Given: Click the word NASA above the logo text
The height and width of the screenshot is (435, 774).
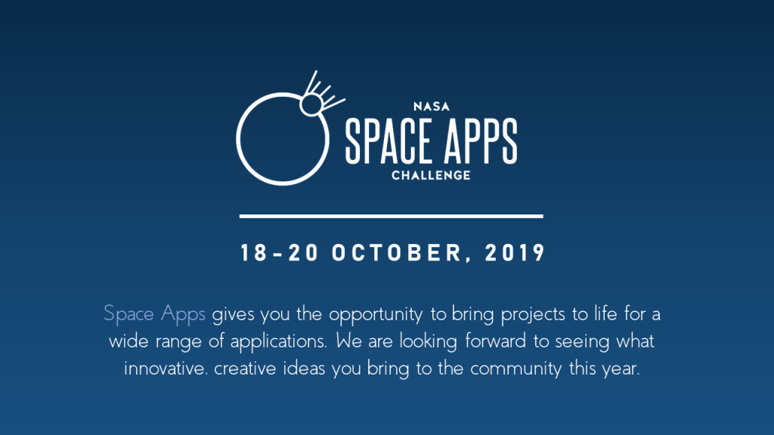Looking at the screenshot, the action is click(x=432, y=106).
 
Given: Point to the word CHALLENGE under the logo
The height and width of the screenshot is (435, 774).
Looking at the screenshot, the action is click(x=431, y=175).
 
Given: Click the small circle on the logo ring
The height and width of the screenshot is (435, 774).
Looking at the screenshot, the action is click(x=311, y=104).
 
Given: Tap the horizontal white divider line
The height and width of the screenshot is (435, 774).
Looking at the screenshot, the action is click(x=391, y=216).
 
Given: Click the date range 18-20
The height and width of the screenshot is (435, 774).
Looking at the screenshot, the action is click(x=280, y=253).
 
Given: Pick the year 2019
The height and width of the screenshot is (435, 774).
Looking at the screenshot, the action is click(x=515, y=253).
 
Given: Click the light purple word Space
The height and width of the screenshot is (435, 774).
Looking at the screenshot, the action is click(x=128, y=314).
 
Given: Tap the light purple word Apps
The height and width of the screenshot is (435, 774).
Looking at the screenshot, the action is click(x=183, y=314).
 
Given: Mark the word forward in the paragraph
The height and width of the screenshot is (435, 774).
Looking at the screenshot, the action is click(x=496, y=341).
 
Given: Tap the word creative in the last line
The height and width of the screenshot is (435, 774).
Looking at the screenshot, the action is click(x=245, y=368).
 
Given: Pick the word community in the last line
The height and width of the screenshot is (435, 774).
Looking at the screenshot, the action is click(x=515, y=369).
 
